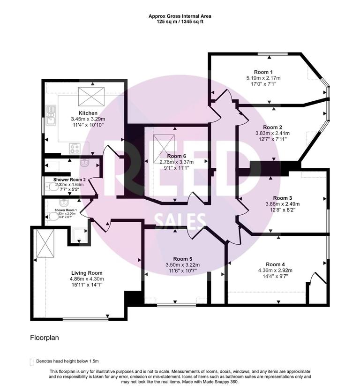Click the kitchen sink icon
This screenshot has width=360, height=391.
[51, 115]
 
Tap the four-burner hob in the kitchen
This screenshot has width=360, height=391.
[75, 148]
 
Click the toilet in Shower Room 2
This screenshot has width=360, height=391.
[52, 186]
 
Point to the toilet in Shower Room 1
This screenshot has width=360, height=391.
[52, 216]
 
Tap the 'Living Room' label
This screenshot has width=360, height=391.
[87, 272]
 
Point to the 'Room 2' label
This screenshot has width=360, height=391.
[272, 127]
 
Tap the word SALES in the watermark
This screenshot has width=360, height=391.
[180, 220]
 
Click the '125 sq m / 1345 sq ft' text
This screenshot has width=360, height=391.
[180, 22]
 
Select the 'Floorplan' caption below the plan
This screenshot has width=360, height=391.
[45, 337]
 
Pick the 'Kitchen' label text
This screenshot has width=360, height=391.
[88, 113]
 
